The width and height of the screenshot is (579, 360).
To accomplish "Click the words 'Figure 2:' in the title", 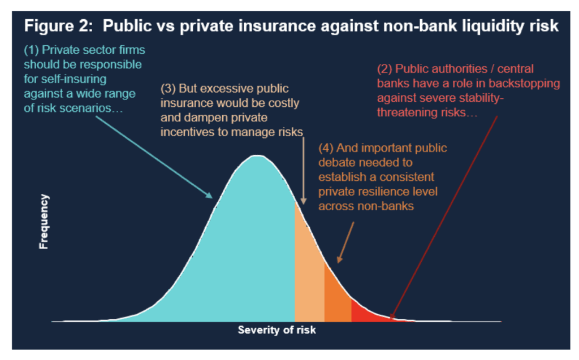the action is point(58,26).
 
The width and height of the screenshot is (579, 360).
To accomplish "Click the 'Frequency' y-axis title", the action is point(44,222).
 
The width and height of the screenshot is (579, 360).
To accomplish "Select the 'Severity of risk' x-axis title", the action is point(276,329).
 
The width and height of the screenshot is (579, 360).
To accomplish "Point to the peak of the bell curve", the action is point(257,156).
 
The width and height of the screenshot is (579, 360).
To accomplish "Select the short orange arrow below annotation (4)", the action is point(345,242).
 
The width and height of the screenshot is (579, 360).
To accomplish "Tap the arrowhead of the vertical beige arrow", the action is point(304,201).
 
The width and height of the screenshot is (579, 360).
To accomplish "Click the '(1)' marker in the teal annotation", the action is point(32,50).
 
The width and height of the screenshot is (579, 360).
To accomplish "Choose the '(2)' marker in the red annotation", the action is point(384,69).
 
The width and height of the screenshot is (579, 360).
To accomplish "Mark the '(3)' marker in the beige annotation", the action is point(168,89).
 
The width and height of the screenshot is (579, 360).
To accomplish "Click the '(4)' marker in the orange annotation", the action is point(326,148).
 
